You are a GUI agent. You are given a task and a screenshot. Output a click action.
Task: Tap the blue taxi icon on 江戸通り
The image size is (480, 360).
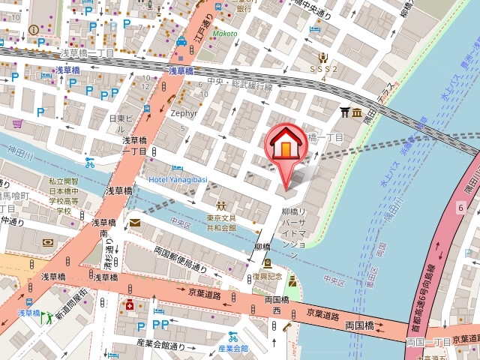181,43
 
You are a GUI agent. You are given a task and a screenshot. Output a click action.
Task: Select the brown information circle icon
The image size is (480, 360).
33,29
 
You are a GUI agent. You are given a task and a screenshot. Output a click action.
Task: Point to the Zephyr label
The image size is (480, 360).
184,113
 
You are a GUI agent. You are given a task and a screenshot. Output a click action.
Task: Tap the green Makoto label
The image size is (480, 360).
223,34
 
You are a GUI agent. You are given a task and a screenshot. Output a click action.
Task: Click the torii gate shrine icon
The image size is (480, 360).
345,112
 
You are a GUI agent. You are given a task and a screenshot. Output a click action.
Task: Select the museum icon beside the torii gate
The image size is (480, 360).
358,112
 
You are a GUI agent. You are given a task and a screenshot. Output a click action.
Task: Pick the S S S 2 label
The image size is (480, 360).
324,68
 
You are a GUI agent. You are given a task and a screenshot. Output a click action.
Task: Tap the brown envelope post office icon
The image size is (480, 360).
134,223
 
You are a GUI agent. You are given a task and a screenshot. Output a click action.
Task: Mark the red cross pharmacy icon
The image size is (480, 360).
130,306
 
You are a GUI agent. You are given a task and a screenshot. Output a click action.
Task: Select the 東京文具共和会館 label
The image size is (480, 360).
221,223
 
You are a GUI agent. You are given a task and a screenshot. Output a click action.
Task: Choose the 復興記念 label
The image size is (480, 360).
267,276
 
